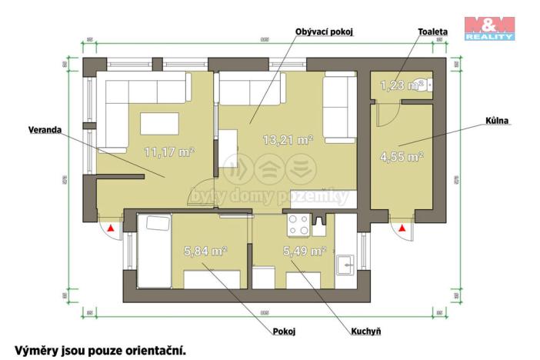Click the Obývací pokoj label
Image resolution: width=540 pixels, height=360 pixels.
pyautogui.click(x=328, y=32)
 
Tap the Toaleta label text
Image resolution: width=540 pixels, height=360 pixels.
pyautogui.click(x=433, y=32)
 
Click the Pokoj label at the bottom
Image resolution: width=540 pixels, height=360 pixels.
pyautogui.click(x=285, y=332)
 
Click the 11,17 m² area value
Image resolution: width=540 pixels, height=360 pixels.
pyautogui.click(x=169, y=152)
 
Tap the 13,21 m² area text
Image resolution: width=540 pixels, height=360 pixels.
pyautogui.click(x=288, y=140)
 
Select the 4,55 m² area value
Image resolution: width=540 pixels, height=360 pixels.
pyautogui.click(x=402, y=157)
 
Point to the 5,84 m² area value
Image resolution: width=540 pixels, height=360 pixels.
pyautogui.click(x=205, y=251)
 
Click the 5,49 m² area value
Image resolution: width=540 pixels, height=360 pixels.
pyautogui.click(x=304, y=251)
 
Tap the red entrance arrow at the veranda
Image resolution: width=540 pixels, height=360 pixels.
pyautogui.click(x=112, y=228)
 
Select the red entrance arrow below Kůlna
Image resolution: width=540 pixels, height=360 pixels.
pyautogui.click(x=403, y=228)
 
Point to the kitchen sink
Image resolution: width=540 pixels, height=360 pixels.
pyautogui.click(x=346, y=264)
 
